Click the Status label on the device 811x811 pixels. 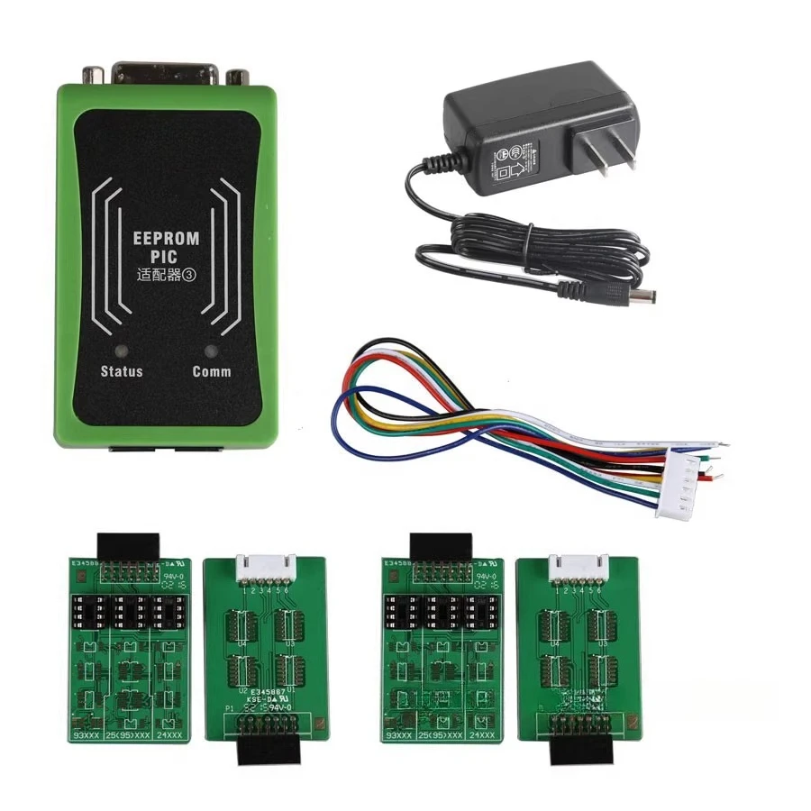[x=122, y=371]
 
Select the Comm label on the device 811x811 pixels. [x=212, y=371]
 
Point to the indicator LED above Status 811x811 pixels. [x=121, y=351]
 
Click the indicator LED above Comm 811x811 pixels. [x=212, y=351]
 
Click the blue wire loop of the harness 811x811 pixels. [x=360, y=410]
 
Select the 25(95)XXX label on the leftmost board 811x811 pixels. [x=129, y=736]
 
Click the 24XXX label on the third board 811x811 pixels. [x=483, y=736]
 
